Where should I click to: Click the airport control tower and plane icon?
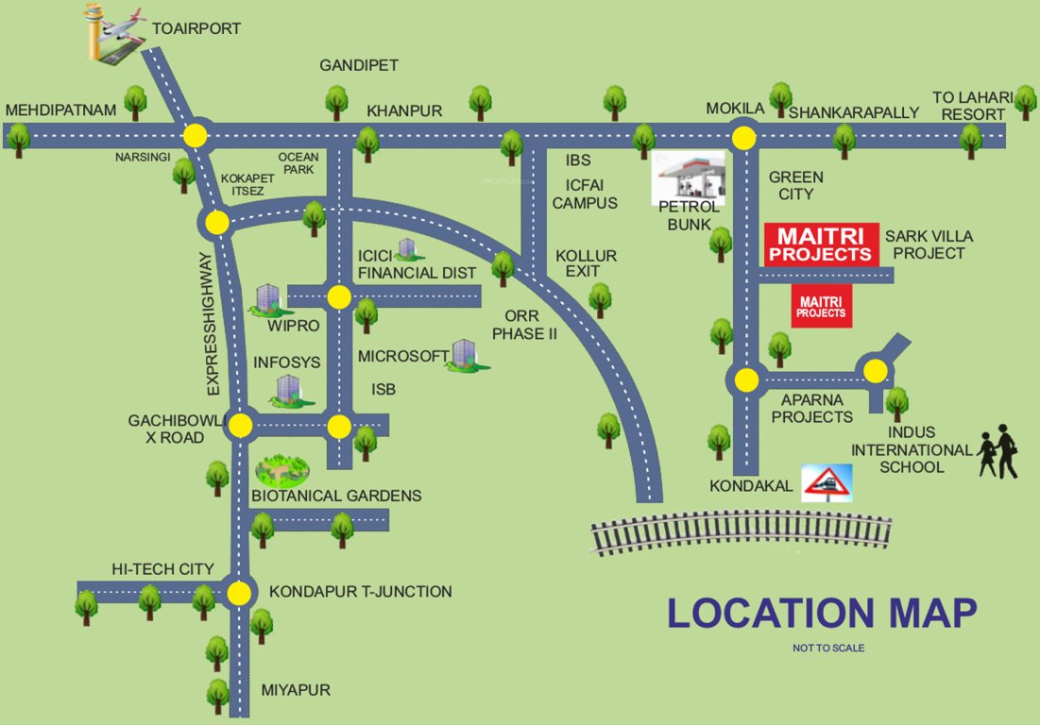pos(112,36)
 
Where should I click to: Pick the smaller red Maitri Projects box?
pos(821,307)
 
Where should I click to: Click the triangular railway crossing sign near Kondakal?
pos(827,482)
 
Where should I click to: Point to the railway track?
pos(742,532)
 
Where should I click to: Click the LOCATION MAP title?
pos(821,613)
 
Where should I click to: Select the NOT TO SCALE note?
pos(828,649)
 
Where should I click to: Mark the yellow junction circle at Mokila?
pos(745,138)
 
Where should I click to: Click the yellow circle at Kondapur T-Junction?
pos(240,593)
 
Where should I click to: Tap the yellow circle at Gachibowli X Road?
pos(241,426)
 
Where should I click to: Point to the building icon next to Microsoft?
pos(465,356)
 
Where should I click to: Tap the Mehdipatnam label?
pos(60,111)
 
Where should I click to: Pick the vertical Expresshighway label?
pos(212,324)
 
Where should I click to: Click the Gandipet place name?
pos(359,65)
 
